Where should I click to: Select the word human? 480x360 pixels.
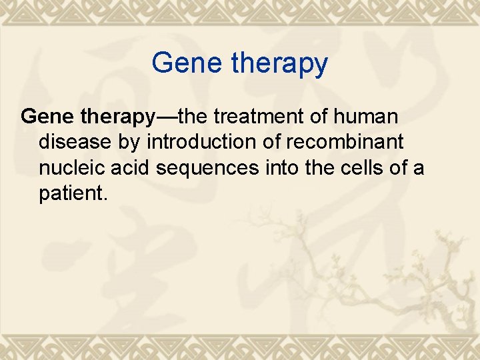367,117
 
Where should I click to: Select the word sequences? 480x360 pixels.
207,169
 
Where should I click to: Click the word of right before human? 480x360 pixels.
322,117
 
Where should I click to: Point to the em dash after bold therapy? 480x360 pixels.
165,117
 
